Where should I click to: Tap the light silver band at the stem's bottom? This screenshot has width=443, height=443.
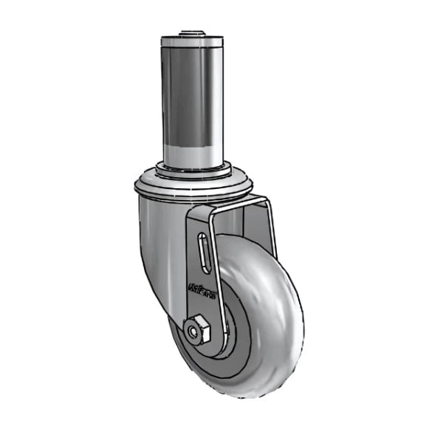click(x=191, y=153)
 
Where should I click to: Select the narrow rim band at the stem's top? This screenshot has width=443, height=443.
click(x=191, y=44)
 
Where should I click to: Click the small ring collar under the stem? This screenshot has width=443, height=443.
click(x=191, y=169)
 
